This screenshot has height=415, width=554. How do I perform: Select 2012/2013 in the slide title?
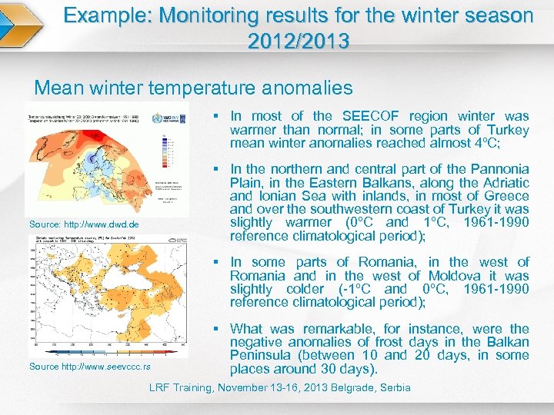pyautogui.click(x=299, y=41)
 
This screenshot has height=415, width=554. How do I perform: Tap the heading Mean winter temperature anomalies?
pyautogui.click(x=194, y=88)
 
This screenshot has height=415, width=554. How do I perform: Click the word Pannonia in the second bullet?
pyautogui.click(x=500, y=169)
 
